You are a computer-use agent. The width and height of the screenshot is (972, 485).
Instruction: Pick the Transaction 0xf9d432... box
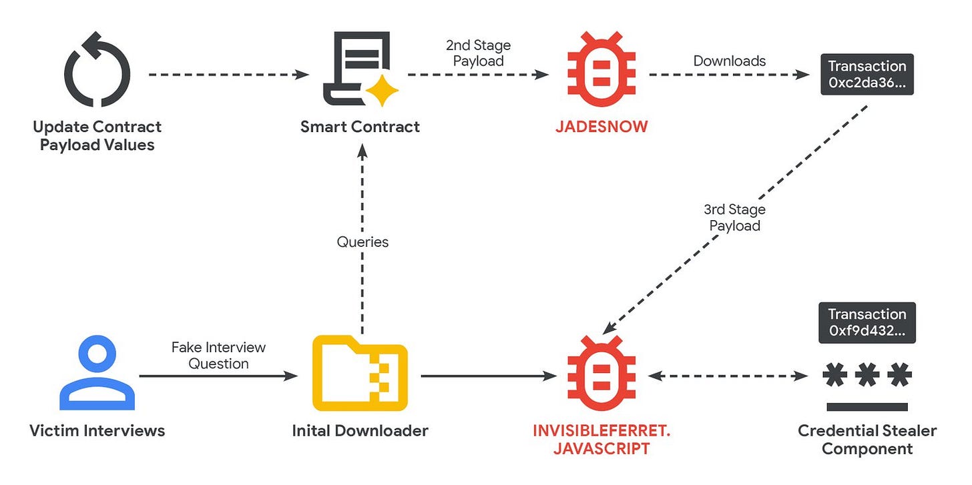[x=867, y=323]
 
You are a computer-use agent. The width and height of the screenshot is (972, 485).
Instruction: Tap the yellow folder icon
[x=360, y=373]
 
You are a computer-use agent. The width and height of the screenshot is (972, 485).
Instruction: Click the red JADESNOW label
[x=601, y=127]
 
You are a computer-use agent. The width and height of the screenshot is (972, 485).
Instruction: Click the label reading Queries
[x=362, y=241]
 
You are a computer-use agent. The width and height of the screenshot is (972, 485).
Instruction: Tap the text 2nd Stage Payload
[x=478, y=53]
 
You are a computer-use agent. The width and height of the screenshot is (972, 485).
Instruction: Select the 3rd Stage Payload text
[x=734, y=217]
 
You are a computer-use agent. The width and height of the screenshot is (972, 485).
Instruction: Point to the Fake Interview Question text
[x=218, y=355]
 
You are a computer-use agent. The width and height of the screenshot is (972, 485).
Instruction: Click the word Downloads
[x=729, y=61]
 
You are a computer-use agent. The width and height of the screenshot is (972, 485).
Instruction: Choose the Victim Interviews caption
[x=97, y=430]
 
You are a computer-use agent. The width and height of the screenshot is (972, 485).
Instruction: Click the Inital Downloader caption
[x=360, y=430]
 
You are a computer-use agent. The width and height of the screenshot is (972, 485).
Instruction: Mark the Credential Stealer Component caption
[x=867, y=439]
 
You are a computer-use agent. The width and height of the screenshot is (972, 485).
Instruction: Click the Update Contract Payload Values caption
[x=97, y=135]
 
